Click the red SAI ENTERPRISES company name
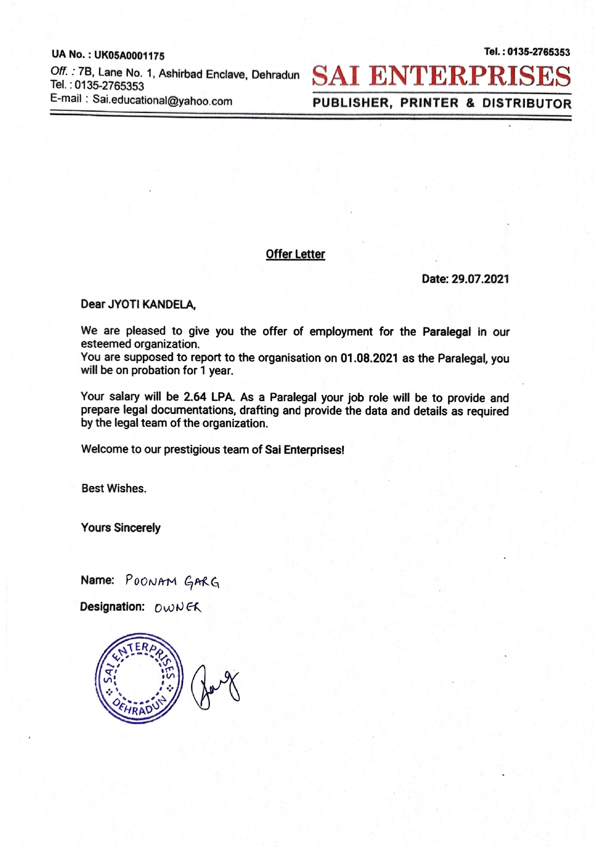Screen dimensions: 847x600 pyautogui.click(x=441, y=76)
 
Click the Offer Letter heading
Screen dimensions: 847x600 pyautogui.click(x=295, y=254)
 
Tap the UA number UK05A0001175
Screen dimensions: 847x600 pyautogui.click(x=129, y=56)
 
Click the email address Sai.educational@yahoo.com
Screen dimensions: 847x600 pyautogui.click(x=162, y=101)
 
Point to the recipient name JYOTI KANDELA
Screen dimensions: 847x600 pyautogui.click(x=151, y=305)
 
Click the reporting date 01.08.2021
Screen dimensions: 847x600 pyautogui.click(x=369, y=358)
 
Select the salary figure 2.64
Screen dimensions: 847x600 pyautogui.click(x=195, y=397)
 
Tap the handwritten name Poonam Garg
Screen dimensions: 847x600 pyautogui.click(x=172, y=581)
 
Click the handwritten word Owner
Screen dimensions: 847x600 pyautogui.click(x=177, y=607)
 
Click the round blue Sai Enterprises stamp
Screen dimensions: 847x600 pyautogui.click(x=139, y=678)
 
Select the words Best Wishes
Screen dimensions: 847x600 pyautogui.click(x=114, y=488)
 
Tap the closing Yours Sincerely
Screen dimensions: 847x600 pyautogui.click(x=120, y=527)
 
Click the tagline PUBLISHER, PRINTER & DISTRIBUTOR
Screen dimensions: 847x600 pyautogui.click(x=442, y=103)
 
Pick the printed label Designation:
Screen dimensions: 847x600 pyautogui.click(x=112, y=607)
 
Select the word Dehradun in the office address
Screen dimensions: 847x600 pyautogui.click(x=276, y=75)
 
